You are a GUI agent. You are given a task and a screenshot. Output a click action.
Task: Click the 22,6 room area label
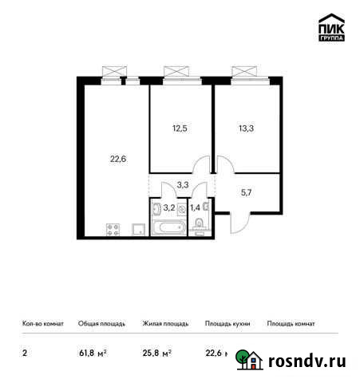118,158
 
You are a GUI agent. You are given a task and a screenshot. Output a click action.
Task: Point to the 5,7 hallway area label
246,191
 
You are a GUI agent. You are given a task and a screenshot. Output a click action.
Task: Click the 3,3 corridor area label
183,185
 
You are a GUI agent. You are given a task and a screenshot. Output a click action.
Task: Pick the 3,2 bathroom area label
169,208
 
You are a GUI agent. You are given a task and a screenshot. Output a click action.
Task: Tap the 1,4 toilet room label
194,208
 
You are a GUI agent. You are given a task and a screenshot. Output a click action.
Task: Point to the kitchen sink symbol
138,229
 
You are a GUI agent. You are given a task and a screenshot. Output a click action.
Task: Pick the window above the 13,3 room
247,72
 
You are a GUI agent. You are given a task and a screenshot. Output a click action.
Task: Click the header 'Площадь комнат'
291,324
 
